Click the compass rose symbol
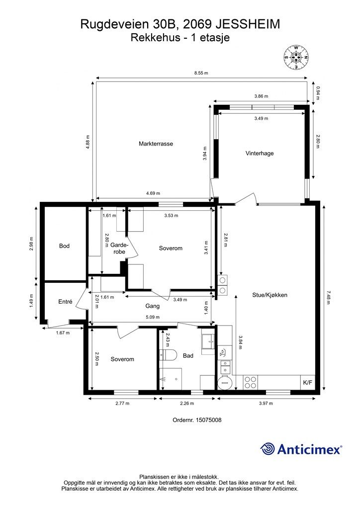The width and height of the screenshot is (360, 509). tap(296, 58)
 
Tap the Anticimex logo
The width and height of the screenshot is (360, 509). tap(301, 449)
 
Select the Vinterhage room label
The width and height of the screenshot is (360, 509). tap(260, 153)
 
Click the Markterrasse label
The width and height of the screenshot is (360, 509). tap(156, 144)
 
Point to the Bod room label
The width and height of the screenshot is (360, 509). tap(64, 246)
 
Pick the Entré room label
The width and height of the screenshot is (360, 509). tap(65, 302)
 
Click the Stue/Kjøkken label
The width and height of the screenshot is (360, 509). tap(270, 295)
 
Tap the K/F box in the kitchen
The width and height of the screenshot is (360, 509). tap(307, 383)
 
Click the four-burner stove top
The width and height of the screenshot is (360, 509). tap(250, 382)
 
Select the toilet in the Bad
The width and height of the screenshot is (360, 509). tap(168, 355)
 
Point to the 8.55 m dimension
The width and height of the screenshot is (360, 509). tap(201, 73)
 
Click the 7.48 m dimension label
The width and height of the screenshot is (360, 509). tap(328, 297)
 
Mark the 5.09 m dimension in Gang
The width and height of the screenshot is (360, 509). tap(153, 317)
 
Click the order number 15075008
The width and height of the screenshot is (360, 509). tap(197, 420)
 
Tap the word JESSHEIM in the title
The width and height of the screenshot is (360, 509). tap(247, 24)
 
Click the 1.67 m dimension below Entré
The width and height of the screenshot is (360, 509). tap(63, 333)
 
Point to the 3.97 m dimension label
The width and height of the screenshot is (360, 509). tap(266, 404)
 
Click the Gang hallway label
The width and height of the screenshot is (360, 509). tap(152, 306)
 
